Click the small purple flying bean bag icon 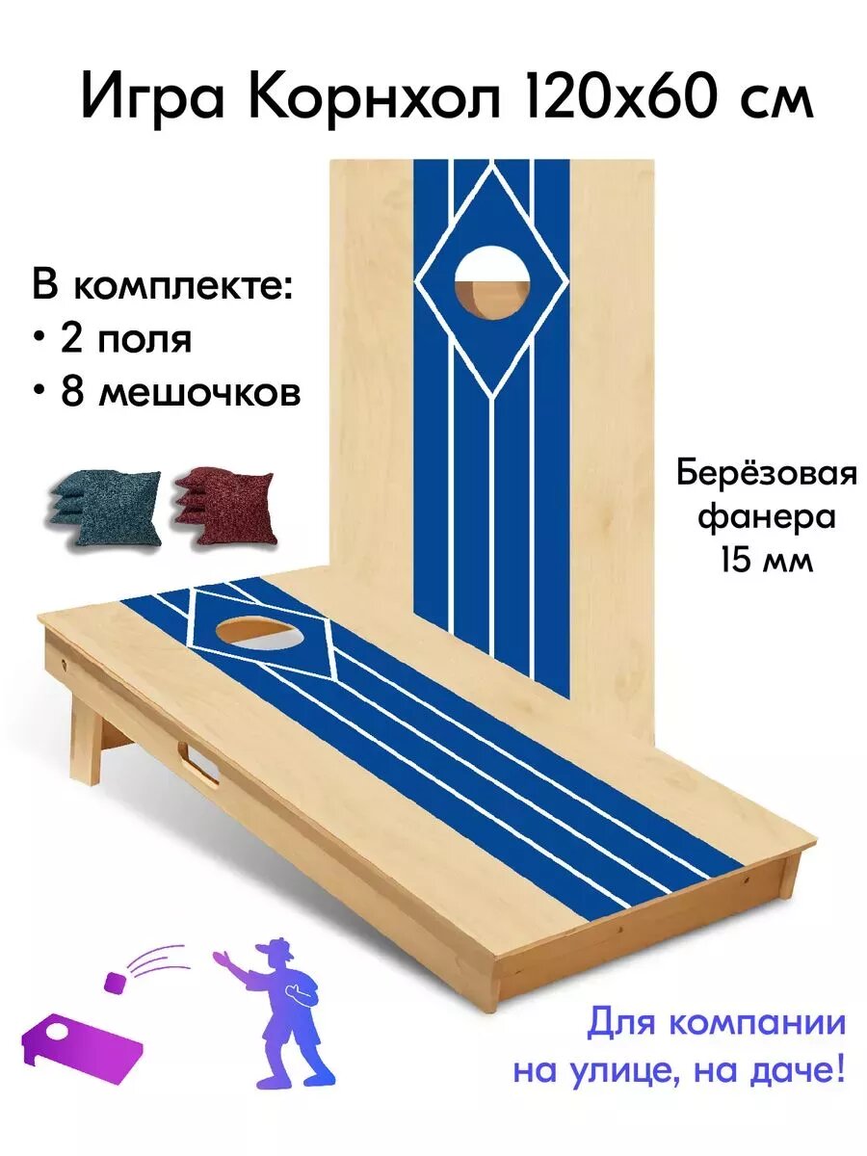coord(115,982)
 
